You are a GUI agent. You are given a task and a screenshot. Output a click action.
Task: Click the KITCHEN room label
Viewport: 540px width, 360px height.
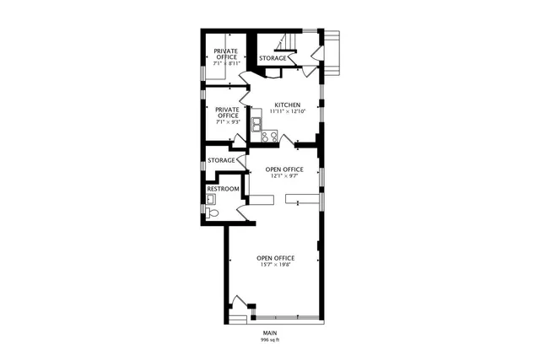point(287,105)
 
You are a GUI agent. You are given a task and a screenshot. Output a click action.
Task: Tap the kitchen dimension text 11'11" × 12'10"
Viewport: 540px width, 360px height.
point(287,112)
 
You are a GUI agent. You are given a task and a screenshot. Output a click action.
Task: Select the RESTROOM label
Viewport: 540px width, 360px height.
point(223,189)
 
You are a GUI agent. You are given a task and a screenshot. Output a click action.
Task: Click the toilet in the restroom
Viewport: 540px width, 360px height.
point(213,214)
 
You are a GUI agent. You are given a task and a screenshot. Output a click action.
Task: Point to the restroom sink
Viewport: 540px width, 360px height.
point(211,200)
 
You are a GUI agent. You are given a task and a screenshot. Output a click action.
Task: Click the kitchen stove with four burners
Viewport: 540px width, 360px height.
point(269,136)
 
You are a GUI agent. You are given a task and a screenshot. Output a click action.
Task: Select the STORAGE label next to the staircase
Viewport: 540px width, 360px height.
point(273,58)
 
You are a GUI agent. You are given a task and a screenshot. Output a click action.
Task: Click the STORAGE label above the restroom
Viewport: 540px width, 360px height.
point(221,160)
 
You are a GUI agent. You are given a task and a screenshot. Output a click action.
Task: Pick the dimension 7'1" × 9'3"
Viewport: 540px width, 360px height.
point(228,122)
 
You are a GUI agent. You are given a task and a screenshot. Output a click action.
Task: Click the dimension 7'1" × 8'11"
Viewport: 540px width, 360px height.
point(226,63)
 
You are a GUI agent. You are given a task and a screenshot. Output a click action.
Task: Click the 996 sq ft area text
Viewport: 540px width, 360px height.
point(269,340)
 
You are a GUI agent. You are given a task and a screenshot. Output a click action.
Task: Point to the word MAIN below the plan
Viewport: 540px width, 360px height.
point(269,334)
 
